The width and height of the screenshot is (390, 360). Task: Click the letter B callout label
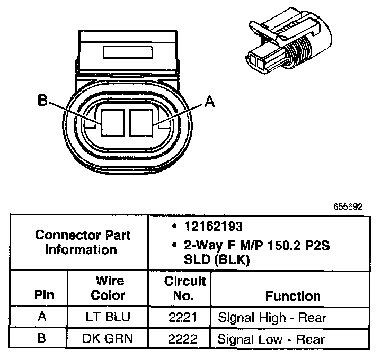coord(42,101)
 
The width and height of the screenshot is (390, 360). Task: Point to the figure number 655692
coord(348,207)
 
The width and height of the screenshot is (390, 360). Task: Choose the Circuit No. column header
coord(179,289)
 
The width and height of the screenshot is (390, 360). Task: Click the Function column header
coord(293,295)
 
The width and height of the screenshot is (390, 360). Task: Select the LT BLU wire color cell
coord(108,318)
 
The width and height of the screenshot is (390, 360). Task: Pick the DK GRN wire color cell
coord(108,338)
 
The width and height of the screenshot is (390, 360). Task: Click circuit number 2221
coord(179,318)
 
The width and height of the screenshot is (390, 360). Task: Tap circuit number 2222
coord(179,338)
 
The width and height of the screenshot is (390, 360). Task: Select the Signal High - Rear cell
coord(272,318)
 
